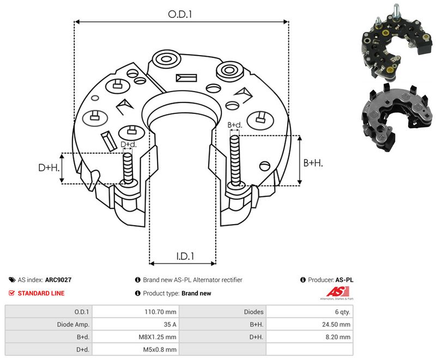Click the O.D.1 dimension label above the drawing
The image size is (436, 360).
[x=180, y=14]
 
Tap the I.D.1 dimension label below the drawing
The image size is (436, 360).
[x=185, y=256]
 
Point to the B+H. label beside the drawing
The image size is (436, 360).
[x=313, y=163]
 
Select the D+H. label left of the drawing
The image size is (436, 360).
[x=49, y=167]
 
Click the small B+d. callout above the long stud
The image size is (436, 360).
[x=235, y=125]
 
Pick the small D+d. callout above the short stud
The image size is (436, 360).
[x=129, y=145]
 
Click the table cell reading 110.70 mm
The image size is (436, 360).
[x=160, y=312]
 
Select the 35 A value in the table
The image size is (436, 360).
[x=170, y=325]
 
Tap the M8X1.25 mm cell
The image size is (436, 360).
[x=158, y=337]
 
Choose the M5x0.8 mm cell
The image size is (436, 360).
[x=160, y=350]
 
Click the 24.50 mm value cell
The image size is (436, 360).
[x=336, y=325]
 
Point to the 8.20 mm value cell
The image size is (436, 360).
[x=338, y=337]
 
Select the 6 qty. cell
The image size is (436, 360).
[x=343, y=312]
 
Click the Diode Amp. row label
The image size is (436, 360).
[x=73, y=325]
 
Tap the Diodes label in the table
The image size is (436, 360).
[x=253, y=312]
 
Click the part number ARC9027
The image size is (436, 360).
[x=58, y=280]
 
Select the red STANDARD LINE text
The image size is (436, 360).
[x=41, y=293]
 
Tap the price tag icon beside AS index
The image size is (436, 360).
[x=12, y=280]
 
